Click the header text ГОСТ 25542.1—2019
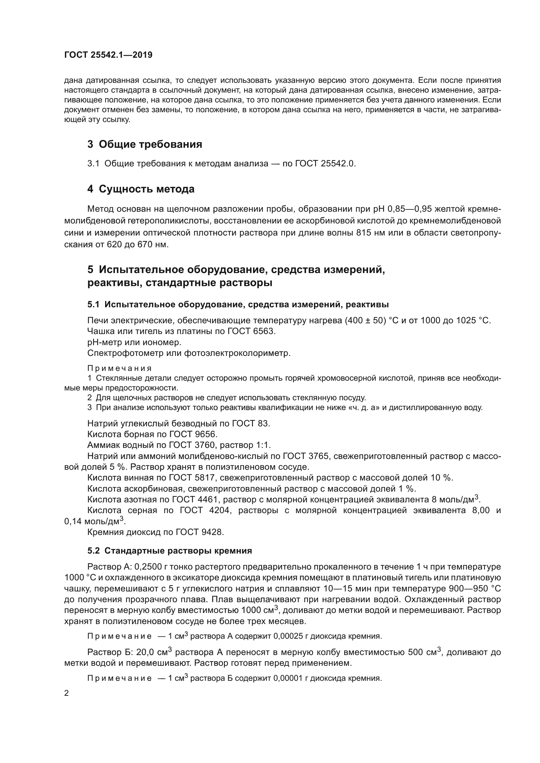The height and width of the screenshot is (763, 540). click(x=108, y=55)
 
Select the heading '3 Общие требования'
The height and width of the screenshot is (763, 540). click(x=145, y=144)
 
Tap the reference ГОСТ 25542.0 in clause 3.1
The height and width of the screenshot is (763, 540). click(x=325, y=163)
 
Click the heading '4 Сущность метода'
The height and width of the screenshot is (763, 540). click(x=141, y=189)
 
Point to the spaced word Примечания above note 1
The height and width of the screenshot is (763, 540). click(x=119, y=368)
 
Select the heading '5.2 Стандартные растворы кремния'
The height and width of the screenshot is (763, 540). click(x=169, y=551)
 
